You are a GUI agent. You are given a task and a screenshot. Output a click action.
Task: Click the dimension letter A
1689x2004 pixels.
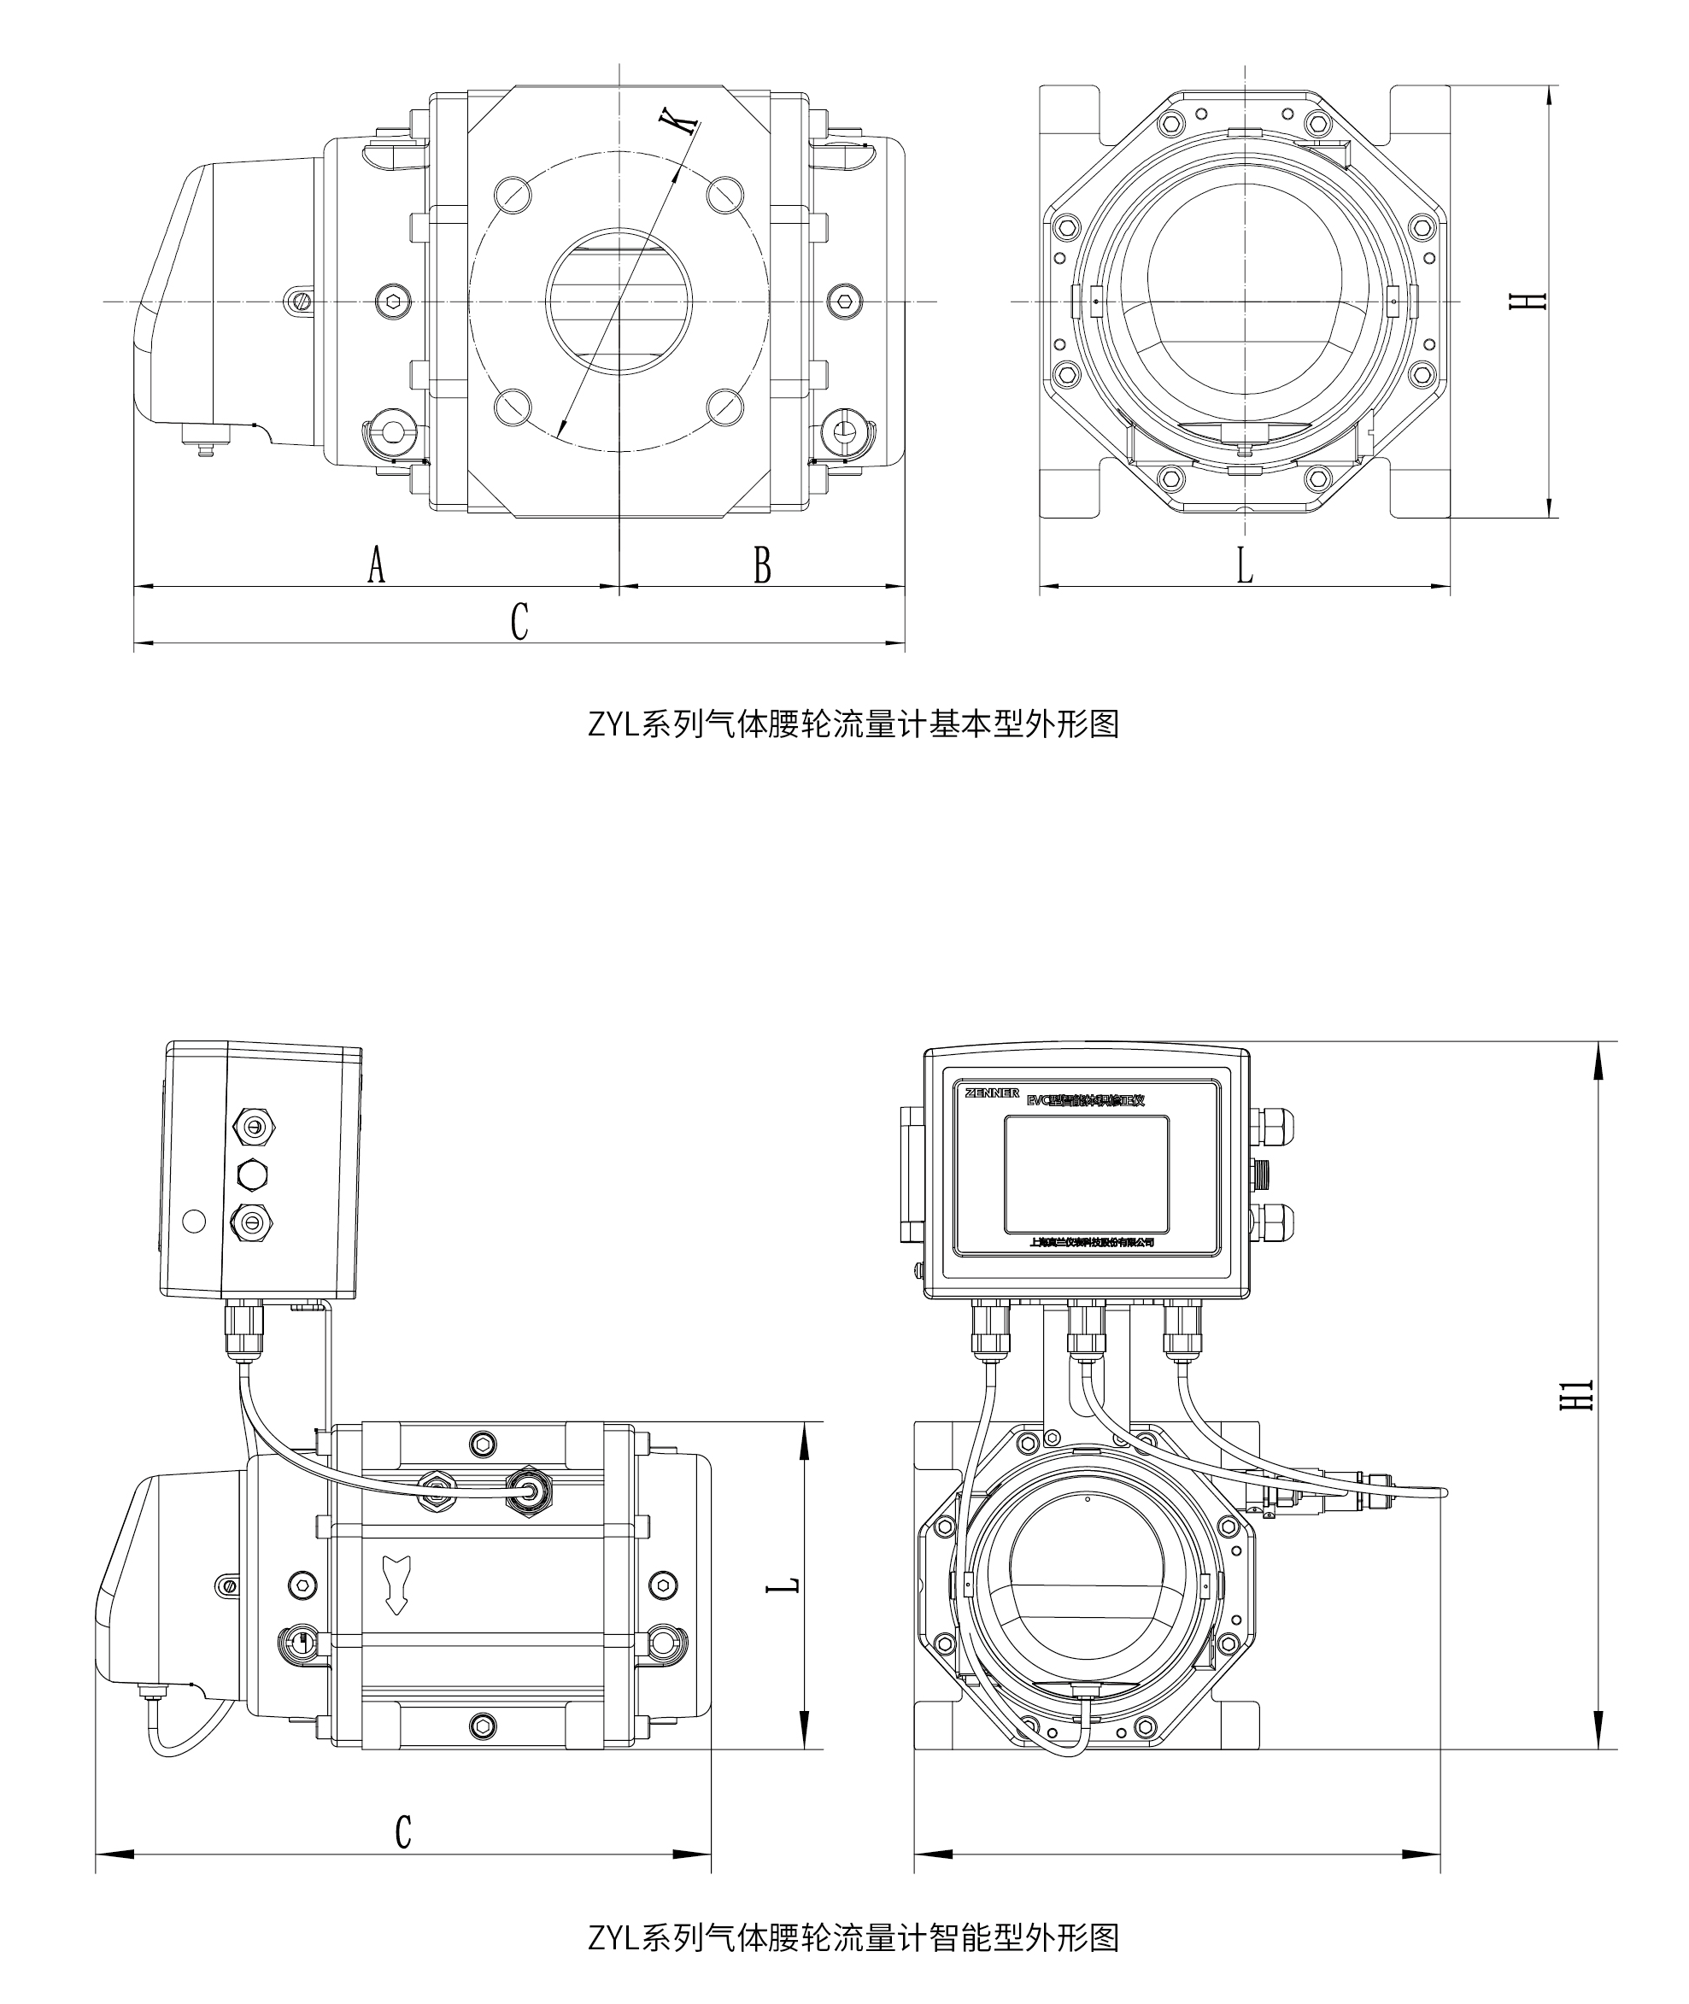(376, 565)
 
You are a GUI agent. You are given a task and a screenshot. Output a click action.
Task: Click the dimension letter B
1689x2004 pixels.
(762, 565)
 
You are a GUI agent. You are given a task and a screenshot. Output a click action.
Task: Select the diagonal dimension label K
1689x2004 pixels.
(679, 121)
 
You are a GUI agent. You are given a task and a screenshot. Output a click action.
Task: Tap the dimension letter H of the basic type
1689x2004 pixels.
(1535, 300)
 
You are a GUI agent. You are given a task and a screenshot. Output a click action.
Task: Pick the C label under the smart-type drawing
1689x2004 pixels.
(403, 1831)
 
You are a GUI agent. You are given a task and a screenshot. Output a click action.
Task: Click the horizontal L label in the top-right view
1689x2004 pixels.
(1244, 565)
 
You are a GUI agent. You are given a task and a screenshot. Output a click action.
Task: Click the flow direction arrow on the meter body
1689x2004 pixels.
(396, 1585)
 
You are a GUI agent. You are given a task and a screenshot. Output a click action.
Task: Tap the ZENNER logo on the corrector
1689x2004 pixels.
(992, 1093)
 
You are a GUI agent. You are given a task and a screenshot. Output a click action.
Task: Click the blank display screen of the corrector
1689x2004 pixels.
(1086, 1174)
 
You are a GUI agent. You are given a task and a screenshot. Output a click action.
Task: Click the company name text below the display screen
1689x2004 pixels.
(1092, 1243)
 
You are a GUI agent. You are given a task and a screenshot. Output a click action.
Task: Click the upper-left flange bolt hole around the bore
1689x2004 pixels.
(513, 196)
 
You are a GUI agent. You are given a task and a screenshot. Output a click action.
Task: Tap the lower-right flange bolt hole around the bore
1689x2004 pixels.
(726, 406)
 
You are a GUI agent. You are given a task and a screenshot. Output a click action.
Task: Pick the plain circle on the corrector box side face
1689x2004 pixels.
(193, 1221)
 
